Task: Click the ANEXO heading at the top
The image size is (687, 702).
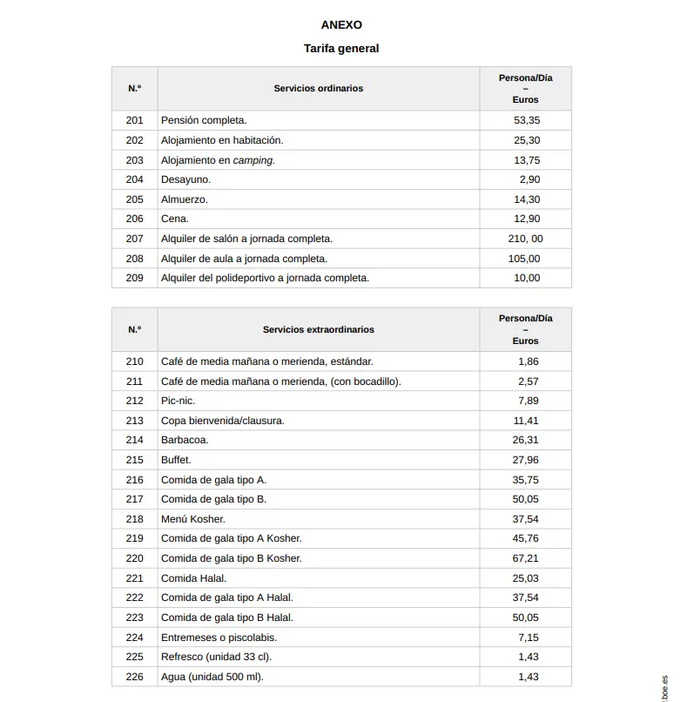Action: pyautogui.click(x=341, y=25)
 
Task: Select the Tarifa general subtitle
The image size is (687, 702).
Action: pyautogui.click(x=341, y=49)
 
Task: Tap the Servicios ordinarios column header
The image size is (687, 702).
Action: pyautogui.click(x=318, y=89)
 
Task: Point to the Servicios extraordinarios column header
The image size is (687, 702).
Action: pyautogui.click(x=318, y=330)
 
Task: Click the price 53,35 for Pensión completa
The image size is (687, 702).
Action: pyautogui.click(x=527, y=120)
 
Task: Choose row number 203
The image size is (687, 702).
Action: pyautogui.click(x=134, y=160)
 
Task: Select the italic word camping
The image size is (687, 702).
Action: pyautogui.click(x=253, y=160)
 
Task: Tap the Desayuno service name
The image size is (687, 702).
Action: pyautogui.click(x=185, y=179)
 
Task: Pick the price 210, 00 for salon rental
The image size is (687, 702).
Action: pyautogui.click(x=525, y=239)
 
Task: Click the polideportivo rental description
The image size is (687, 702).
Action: pyautogui.click(x=265, y=278)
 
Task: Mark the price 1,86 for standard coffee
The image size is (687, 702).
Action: pyautogui.click(x=528, y=361)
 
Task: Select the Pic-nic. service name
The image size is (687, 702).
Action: pyautogui.click(x=178, y=401)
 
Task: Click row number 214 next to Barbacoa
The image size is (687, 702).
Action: pyautogui.click(x=134, y=440)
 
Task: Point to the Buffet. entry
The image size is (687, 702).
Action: pyautogui.click(x=176, y=460)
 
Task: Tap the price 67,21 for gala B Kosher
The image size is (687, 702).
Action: pyautogui.click(x=526, y=558)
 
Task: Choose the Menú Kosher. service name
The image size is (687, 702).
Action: pyautogui.click(x=192, y=519)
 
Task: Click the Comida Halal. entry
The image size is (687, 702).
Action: pyautogui.click(x=193, y=578)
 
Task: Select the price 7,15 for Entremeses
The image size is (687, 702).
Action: pyautogui.click(x=528, y=638)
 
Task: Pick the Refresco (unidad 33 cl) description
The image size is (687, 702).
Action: pyautogui.click(x=222, y=657)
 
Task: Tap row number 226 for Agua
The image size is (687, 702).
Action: pyautogui.click(x=134, y=677)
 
